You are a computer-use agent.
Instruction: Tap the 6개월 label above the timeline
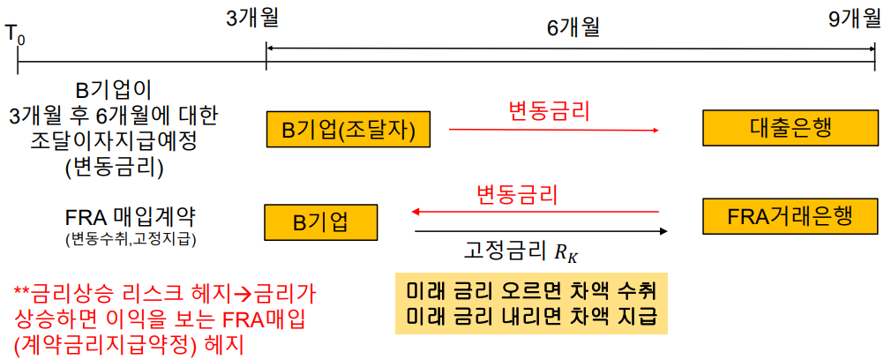tap(573, 27)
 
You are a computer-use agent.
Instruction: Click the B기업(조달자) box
tap(348, 131)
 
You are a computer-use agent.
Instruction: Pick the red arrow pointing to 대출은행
tap(553, 130)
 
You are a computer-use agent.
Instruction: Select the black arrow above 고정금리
tap(540, 231)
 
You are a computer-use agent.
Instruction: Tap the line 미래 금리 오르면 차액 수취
tap(530, 292)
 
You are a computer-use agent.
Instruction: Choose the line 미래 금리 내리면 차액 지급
tap(530, 316)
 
